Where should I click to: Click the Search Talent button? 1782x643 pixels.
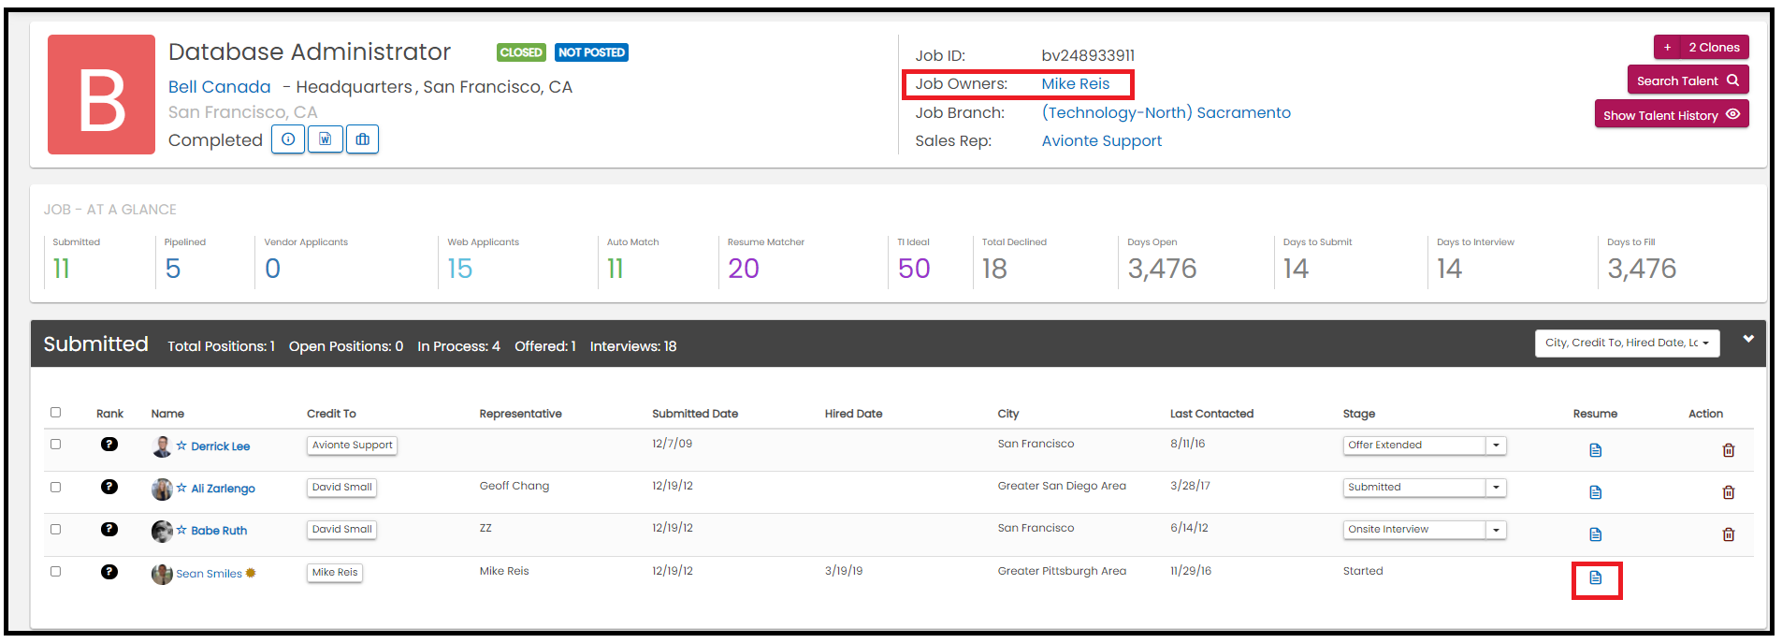click(1688, 80)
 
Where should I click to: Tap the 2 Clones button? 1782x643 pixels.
click(1701, 47)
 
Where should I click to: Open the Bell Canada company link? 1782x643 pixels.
click(219, 87)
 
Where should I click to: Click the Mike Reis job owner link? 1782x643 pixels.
click(1076, 84)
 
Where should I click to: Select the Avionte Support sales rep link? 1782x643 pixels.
click(1102, 141)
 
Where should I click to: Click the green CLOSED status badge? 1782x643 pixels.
click(521, 52)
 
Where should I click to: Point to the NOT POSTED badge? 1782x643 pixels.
click(591, 52)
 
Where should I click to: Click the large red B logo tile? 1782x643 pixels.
click(101, 95)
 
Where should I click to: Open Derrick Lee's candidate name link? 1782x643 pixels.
click(221, 446)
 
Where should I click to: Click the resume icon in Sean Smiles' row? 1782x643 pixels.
click(1596, 578)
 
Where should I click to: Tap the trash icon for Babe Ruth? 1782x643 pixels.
click(1729, 534)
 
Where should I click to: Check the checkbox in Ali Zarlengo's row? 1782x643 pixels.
click(55, 487)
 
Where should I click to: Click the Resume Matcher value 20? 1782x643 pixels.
click(744, 269)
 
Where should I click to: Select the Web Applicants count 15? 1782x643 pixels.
click(460, 269)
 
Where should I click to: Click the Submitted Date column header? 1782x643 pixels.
click(695, 414)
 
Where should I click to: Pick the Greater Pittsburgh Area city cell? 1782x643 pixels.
click(1062, 571)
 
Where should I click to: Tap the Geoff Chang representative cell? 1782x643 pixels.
click(514, 486)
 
